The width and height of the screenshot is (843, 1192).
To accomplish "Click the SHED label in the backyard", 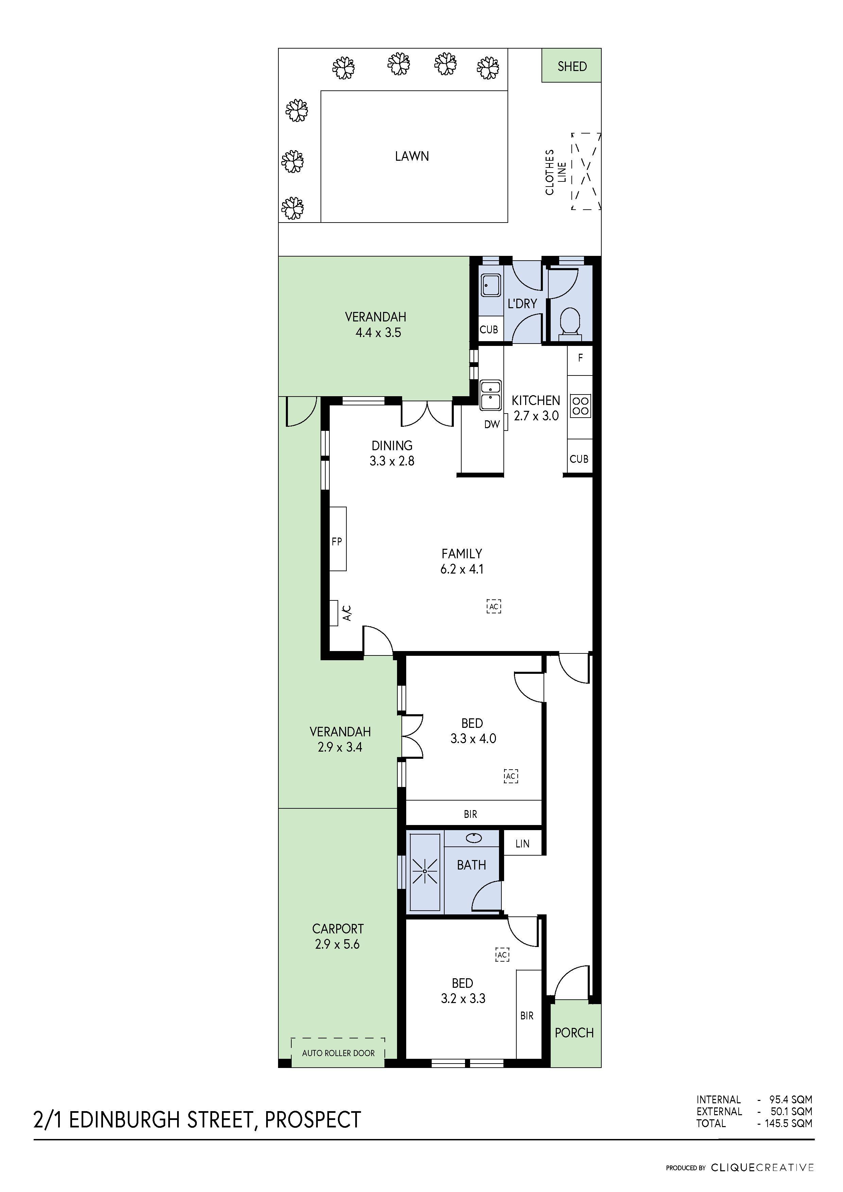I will click(572, 67).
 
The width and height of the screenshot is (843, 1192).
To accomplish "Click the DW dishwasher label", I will click(492, 424).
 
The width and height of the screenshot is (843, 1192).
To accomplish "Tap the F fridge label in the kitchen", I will click(580, 358).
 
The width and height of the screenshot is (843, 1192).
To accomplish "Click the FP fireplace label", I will click(337, 542).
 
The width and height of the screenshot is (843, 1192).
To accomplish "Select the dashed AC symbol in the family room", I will click(494, 607).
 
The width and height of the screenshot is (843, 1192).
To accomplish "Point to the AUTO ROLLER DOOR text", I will click(338, 1053).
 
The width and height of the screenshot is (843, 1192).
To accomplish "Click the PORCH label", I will click(574, 1033).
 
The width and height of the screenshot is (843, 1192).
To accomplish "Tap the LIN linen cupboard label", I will click(522, 844).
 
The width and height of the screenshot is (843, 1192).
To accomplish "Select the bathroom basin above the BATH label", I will click(473, 837).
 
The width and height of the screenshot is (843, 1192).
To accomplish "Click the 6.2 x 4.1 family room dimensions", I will click(462, 569).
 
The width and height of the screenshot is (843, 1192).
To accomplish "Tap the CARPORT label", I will click(338, 928).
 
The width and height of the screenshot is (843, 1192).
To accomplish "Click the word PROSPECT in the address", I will click(313, 1120).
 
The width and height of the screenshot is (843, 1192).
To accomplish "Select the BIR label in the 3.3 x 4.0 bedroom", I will click(470, 814).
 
